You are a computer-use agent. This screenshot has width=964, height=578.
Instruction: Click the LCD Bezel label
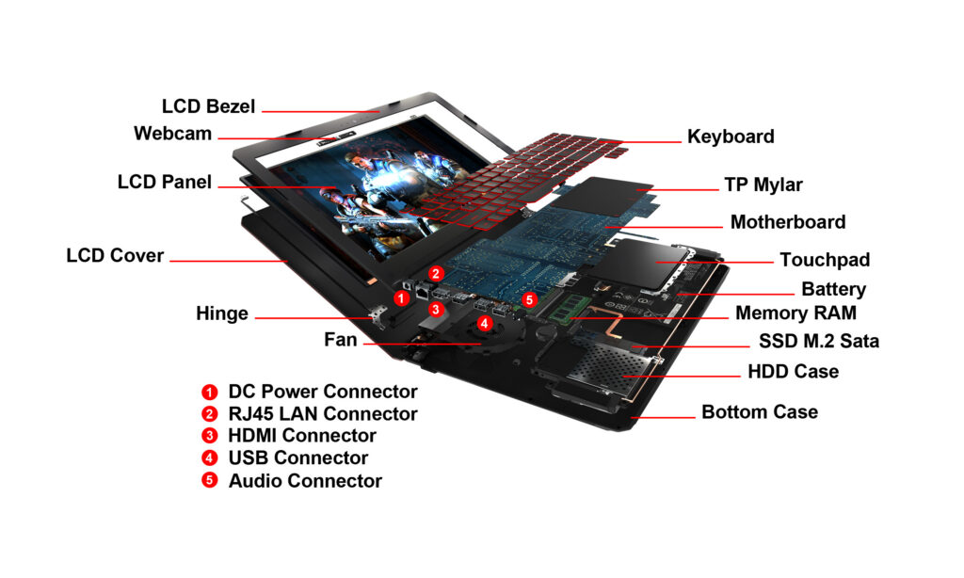pyautogui.click(x=208, y=106)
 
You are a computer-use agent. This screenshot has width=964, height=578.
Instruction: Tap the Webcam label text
pyautogui.click(x=172, y=134)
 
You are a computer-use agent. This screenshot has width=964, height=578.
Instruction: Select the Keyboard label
pyautogui.click(x=731, y=136)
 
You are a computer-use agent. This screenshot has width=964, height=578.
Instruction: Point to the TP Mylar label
pyautogui.click(x=763, y=185)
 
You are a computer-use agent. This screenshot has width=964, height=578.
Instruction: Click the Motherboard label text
pyautogui.click(x=788, y=223)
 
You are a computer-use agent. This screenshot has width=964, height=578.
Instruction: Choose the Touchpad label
pyautogui.click(x=825, y=260)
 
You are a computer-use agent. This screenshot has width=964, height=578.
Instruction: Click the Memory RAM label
pyautogui.click(x=795, y=313)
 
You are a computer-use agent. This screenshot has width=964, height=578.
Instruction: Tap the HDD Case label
pyautogui.click(x=793, y=372)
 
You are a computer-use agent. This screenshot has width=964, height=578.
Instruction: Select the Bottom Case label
pyautogui.click(x=760, y=412)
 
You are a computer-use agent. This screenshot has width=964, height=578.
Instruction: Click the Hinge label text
pyautogui.click(x=222, y=313)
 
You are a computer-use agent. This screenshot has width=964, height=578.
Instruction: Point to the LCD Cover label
pyautogui.click(x=115, y=256)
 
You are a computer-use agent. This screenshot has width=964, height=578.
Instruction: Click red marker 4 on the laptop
pyautogui.click(x=484, y=323)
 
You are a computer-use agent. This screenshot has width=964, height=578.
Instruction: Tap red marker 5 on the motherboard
pyautogui.click(x=529, y=299)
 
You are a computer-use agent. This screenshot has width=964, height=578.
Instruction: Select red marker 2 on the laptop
pyautogui.click(x=435, y=273)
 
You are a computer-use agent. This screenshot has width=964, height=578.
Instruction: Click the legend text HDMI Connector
pyautogui.click(x=301, y=436)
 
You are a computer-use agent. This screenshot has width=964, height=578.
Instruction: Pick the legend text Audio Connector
pyautogui.click(x=304, y=481)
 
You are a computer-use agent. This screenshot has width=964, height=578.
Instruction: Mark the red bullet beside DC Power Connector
pyautogui.click(x=209, y=392)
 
